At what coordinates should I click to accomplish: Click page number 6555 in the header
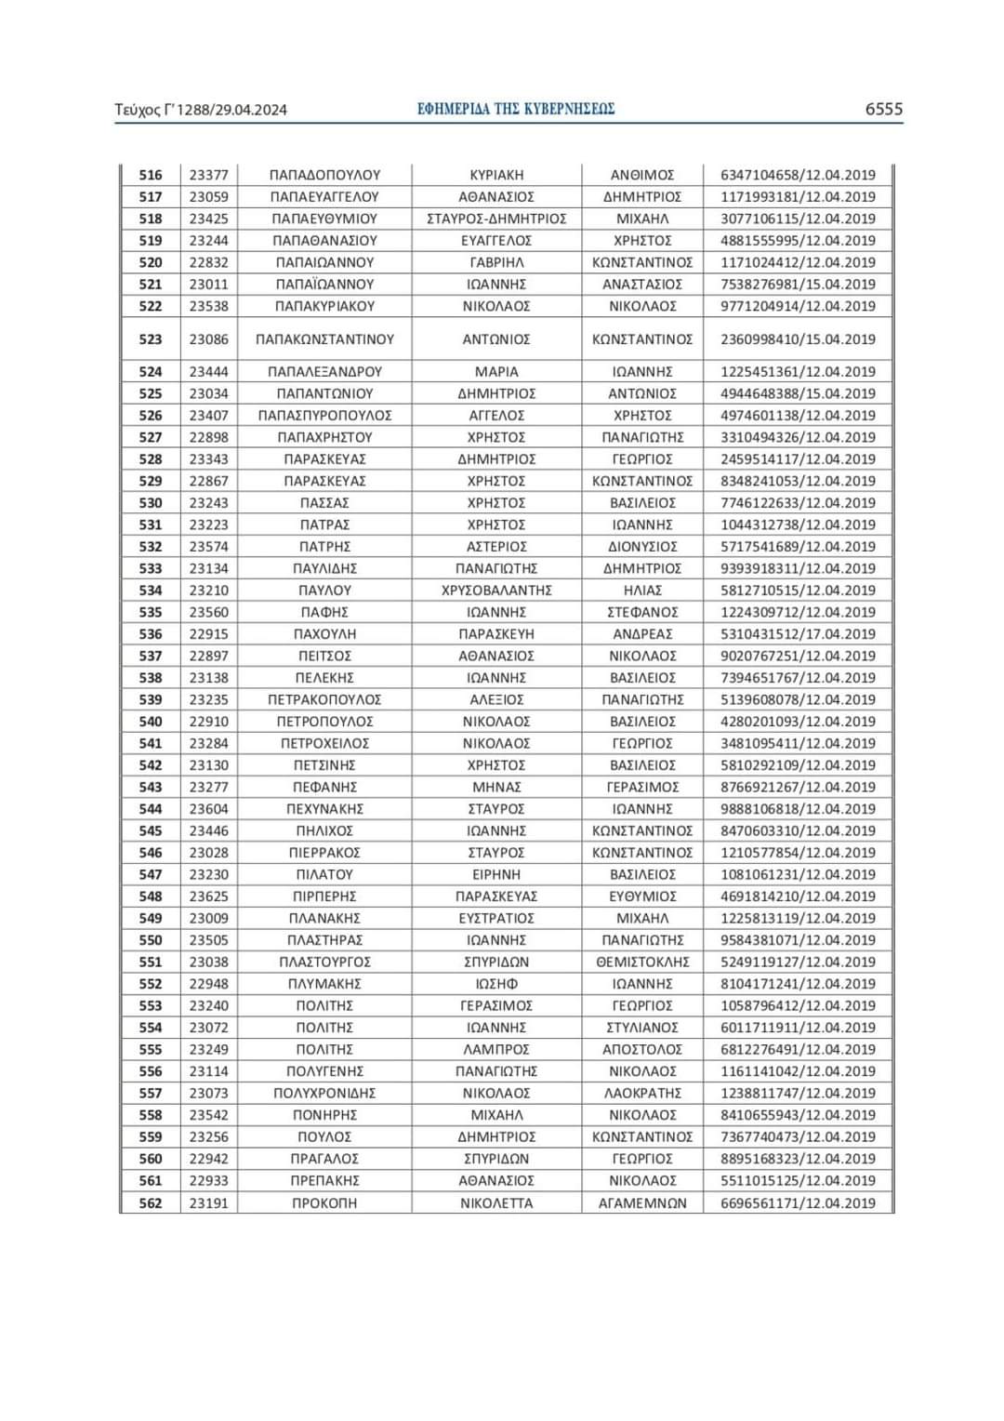883,109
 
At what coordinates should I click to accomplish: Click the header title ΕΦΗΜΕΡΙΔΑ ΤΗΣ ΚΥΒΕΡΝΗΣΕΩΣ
516,109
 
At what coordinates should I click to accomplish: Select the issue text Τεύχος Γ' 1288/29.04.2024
201,110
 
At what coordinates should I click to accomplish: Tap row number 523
151,339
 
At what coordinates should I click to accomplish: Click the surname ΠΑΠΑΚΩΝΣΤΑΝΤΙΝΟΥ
324,339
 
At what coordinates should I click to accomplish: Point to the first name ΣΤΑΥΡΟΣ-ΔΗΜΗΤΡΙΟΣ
496,219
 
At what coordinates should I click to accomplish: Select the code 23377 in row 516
208,175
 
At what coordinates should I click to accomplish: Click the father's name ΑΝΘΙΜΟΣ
642,175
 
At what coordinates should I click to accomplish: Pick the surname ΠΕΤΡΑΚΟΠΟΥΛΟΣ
324,699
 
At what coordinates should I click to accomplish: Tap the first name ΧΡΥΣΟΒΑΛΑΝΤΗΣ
496,591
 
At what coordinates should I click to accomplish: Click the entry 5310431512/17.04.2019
798,634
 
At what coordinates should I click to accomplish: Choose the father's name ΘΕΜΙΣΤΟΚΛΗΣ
642,962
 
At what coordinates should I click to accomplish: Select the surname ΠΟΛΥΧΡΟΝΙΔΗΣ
324,1093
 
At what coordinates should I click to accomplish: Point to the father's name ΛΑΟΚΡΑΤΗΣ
642,1093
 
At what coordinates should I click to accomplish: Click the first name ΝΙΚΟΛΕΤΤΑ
496,1202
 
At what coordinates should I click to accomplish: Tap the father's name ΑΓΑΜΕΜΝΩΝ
642,1202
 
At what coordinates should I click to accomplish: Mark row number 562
151,1202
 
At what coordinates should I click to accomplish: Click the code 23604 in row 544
208,809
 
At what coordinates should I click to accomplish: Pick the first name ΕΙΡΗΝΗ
496,874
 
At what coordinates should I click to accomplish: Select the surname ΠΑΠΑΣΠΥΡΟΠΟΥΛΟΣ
324,416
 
